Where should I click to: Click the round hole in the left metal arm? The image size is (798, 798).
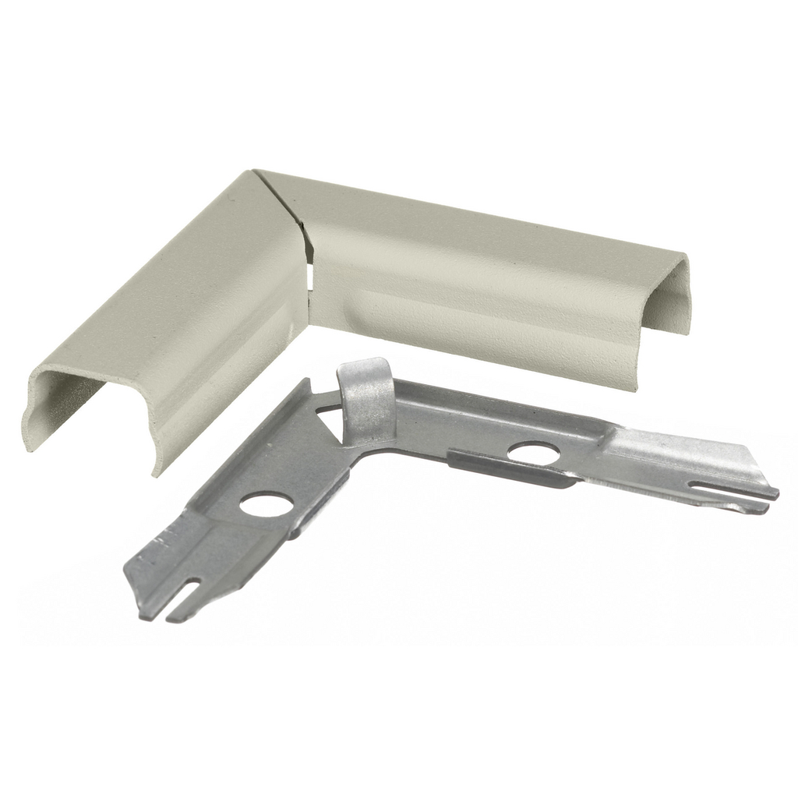click(x=267, y=504)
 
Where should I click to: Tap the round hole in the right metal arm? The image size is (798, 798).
click(x=534, y=453)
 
